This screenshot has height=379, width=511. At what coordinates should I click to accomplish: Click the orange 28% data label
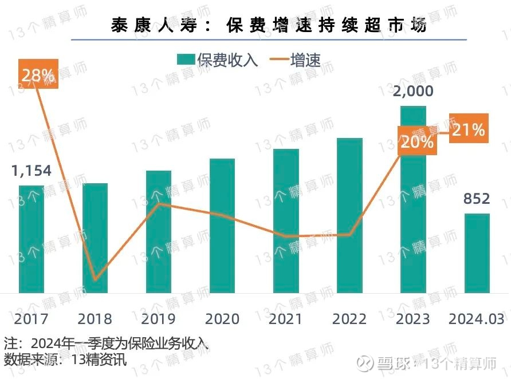pos(38,74)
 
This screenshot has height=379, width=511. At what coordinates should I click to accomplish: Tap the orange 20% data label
pos(417,141)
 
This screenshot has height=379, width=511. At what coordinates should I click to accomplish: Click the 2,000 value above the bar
pos(413,91)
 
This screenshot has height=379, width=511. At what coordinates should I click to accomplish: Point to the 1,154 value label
pos(32,171)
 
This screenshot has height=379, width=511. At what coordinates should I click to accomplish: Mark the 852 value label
pos(477,199)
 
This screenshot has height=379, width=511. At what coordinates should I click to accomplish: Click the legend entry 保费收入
pos(218,60)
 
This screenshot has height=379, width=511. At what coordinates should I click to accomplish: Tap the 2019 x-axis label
pos(159,319)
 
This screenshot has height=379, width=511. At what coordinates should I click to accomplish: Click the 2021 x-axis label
pos(286,319)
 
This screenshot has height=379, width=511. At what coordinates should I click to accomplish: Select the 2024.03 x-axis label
pos(477,319)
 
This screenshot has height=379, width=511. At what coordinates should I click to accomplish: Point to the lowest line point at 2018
pos(95,279)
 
